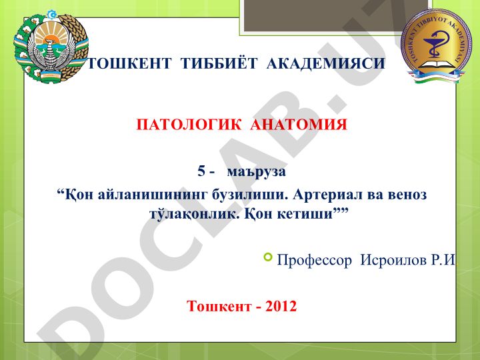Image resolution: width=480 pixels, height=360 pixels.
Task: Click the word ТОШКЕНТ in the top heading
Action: (x=129, y=63)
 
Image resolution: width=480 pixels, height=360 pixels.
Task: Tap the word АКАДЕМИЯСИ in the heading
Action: (x=326, y=64)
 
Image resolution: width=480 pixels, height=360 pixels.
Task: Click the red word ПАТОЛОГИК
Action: (x=189, y=125)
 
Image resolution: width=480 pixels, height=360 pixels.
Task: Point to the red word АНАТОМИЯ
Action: (x=299, y=125)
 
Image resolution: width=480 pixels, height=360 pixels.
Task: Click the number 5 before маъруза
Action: (x=201, y=171)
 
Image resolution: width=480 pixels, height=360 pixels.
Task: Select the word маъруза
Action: (x=257, y=172)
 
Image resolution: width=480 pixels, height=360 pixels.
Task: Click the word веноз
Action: (x=407, y=195)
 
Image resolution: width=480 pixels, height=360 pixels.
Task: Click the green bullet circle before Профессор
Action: (x=267, y=257)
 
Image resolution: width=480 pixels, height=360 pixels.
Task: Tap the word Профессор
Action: (x=315, y=261)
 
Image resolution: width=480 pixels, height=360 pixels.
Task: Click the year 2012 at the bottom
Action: (x=281, y=306)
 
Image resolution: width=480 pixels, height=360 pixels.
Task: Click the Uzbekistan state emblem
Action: (x=51, y=47)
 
